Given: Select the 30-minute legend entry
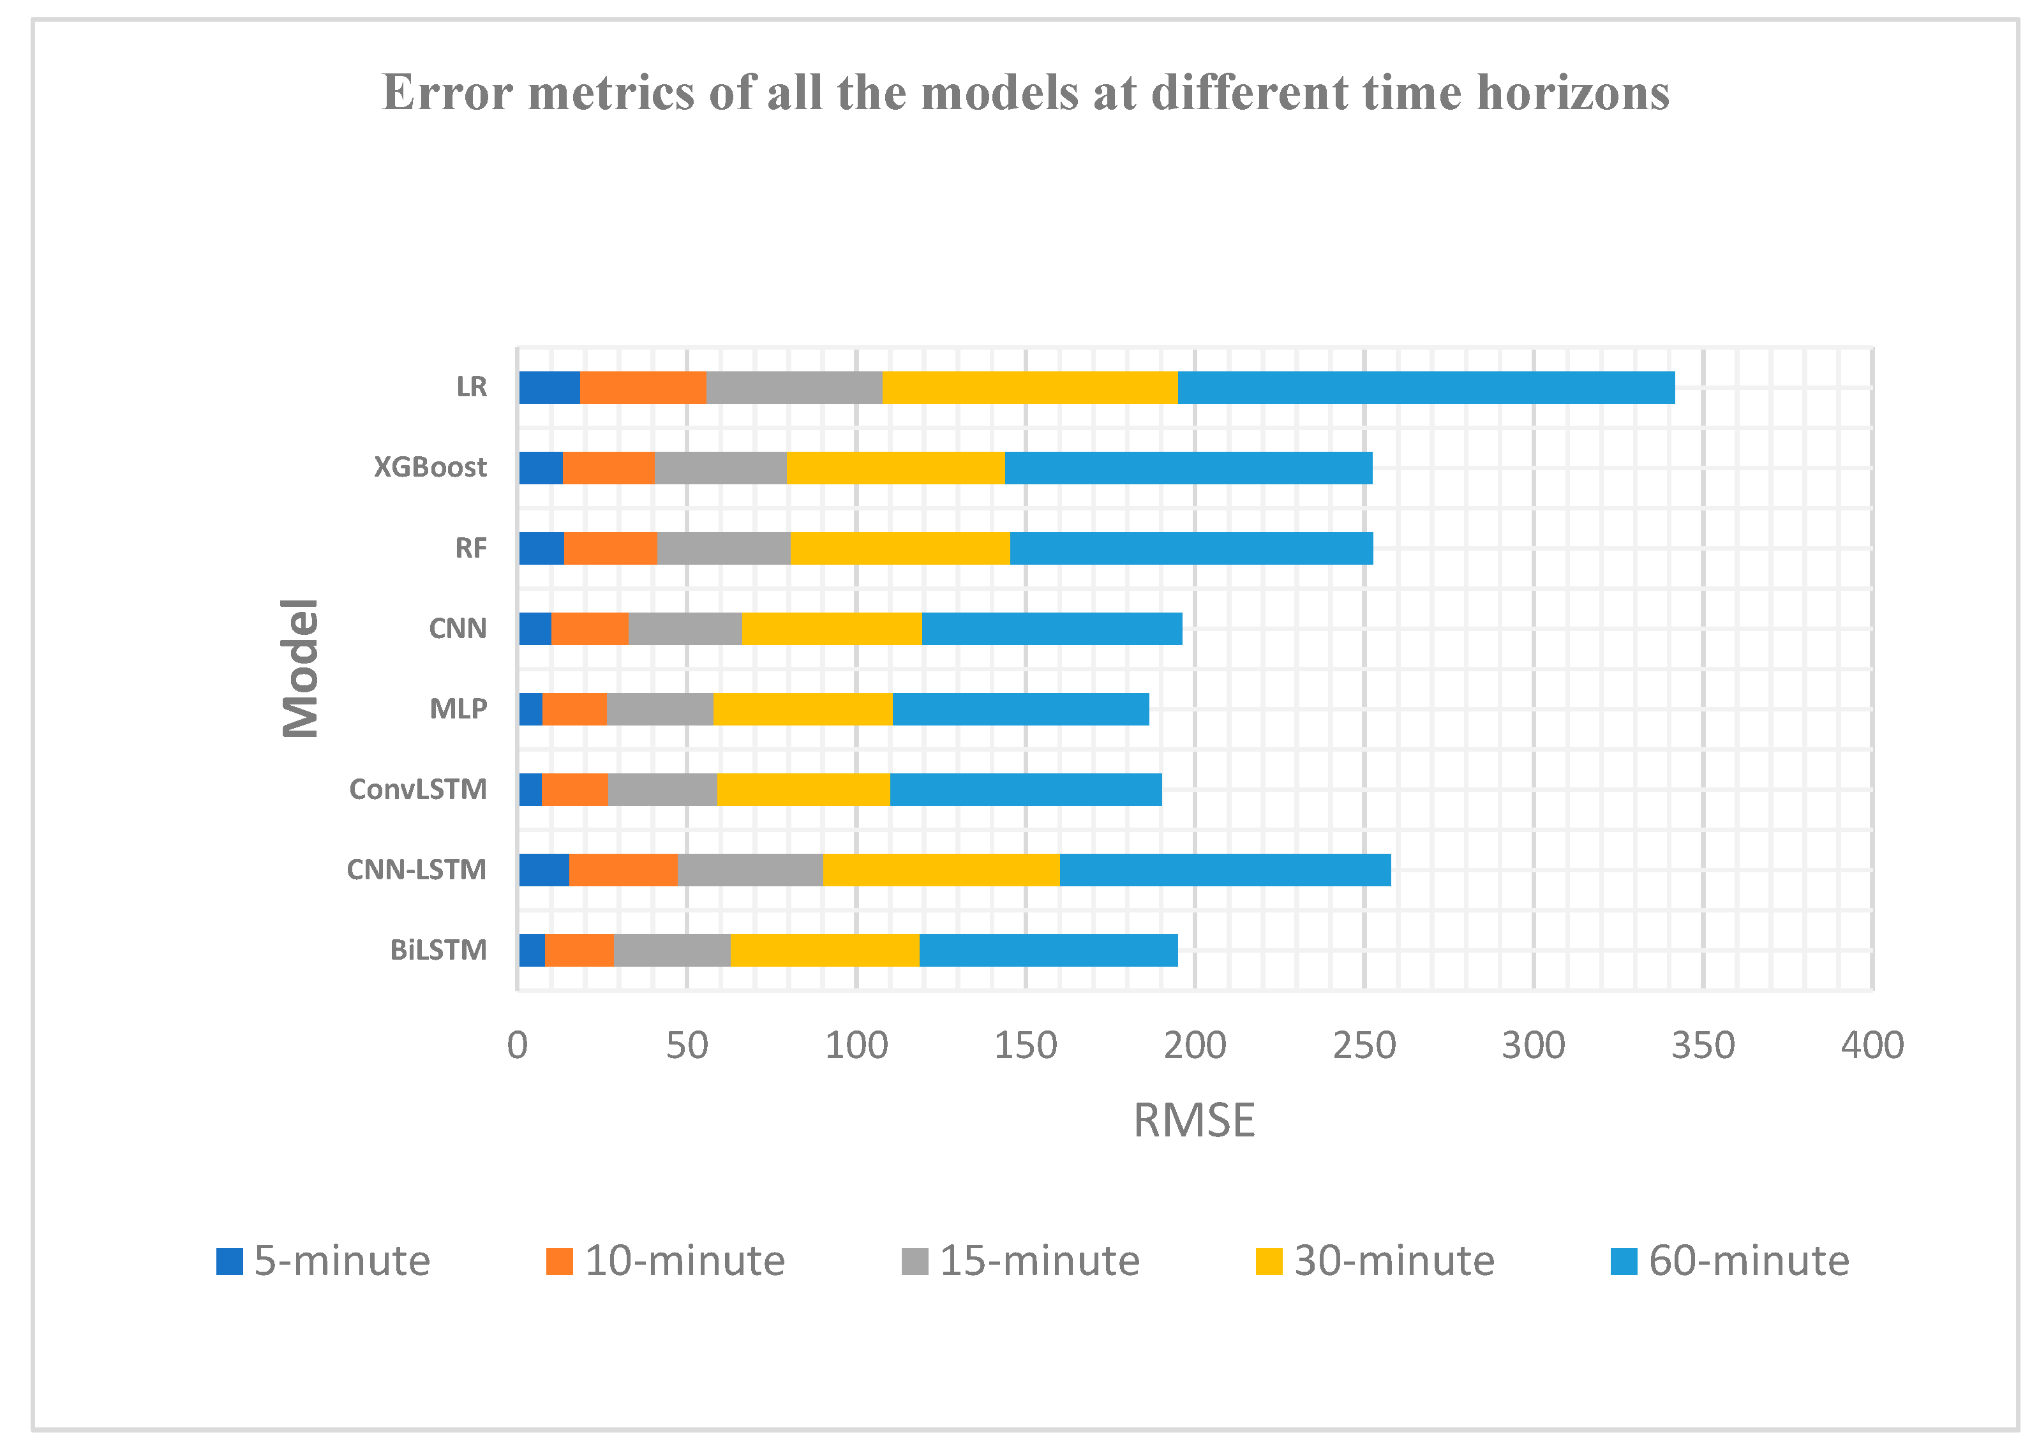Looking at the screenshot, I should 1374,1261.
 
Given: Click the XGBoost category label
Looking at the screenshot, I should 429,467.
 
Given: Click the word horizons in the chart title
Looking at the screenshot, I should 1572,93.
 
